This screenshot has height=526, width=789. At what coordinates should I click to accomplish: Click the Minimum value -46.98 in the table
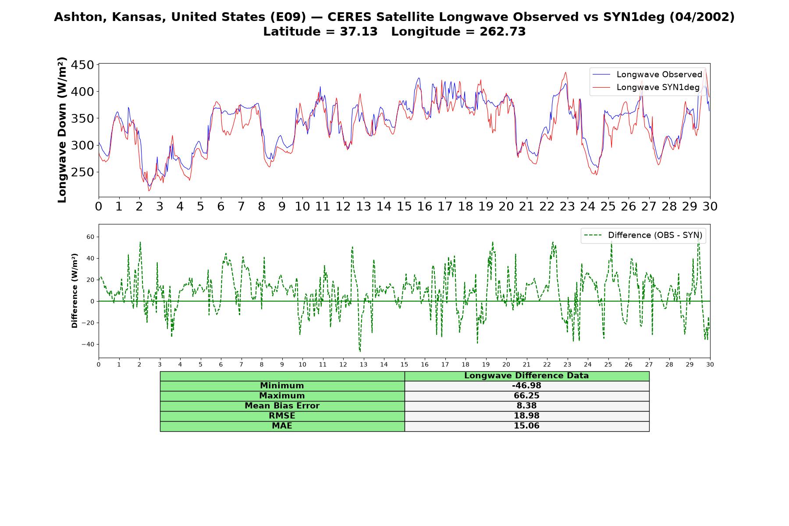click(526, 386)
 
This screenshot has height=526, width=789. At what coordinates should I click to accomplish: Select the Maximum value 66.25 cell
click(526, 396)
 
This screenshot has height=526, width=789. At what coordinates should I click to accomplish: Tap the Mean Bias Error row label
click(282, 406)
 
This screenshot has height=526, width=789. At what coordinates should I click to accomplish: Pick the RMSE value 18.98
click(526, 416)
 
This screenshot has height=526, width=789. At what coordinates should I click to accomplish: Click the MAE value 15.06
click(526, 426)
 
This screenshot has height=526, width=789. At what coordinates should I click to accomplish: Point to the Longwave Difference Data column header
click(526, 376)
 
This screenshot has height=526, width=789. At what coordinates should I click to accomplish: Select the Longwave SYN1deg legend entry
click(645, 87)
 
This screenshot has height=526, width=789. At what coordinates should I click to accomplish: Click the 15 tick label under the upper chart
click(404, 206)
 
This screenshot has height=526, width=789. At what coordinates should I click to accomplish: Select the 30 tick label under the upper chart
click(710, 206)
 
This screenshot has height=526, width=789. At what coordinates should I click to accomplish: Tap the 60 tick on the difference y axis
click(90, 237)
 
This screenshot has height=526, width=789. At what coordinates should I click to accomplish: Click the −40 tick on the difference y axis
click(88, 344)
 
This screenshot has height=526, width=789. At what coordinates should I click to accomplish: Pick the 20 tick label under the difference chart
click(506, 364)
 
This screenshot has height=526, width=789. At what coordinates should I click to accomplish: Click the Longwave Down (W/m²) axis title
click(62, 130)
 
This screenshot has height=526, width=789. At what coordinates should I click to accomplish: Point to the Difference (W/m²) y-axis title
click(75, 291)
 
